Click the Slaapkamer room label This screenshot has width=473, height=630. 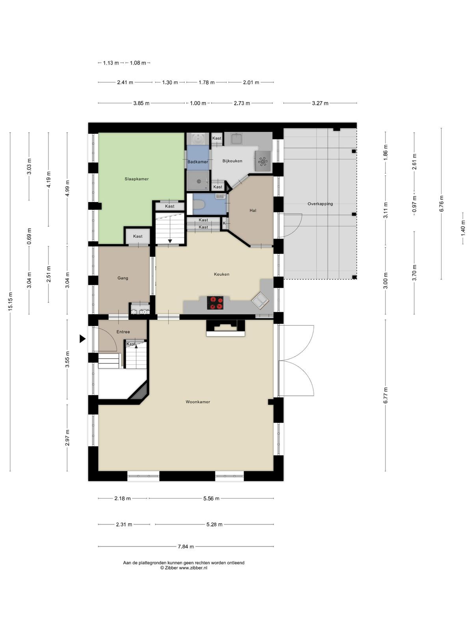point(136,179)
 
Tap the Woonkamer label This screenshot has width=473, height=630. point(197,402)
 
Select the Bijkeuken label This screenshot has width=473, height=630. point(232,161)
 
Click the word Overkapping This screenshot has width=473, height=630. point(320,204)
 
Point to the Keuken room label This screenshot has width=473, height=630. point(222,274)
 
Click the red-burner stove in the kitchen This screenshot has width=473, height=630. point(215,303)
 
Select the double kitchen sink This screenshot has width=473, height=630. point(261,300)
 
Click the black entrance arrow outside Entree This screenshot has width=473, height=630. point(82,339)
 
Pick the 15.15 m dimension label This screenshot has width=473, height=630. point(10,301)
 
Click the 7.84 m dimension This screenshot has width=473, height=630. point(186,547)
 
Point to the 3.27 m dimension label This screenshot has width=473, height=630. point(320,103)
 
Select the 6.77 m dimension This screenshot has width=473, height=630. point(385,395)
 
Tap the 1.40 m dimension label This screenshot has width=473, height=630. point(463,228)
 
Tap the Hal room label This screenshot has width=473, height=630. point(253,210)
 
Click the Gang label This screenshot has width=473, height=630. point(123,278)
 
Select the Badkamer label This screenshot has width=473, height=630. point(197,162)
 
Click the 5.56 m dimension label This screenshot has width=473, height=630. point(211,498)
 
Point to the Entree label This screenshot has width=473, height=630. point(123,332)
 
